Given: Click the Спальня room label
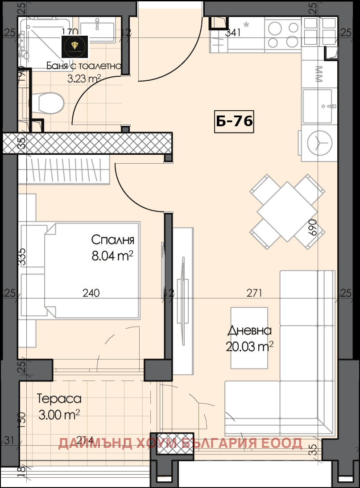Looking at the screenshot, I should coord(112,240).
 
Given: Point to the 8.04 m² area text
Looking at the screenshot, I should coord(112,256).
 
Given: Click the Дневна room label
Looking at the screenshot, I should coord(249,331).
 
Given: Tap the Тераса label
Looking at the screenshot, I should coord(59,398).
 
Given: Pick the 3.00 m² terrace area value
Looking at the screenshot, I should coord(59,415).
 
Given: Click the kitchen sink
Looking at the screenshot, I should coord(317,105).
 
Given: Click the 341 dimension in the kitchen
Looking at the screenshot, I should coord(233,32).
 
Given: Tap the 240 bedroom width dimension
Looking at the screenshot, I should coord(91,293).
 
